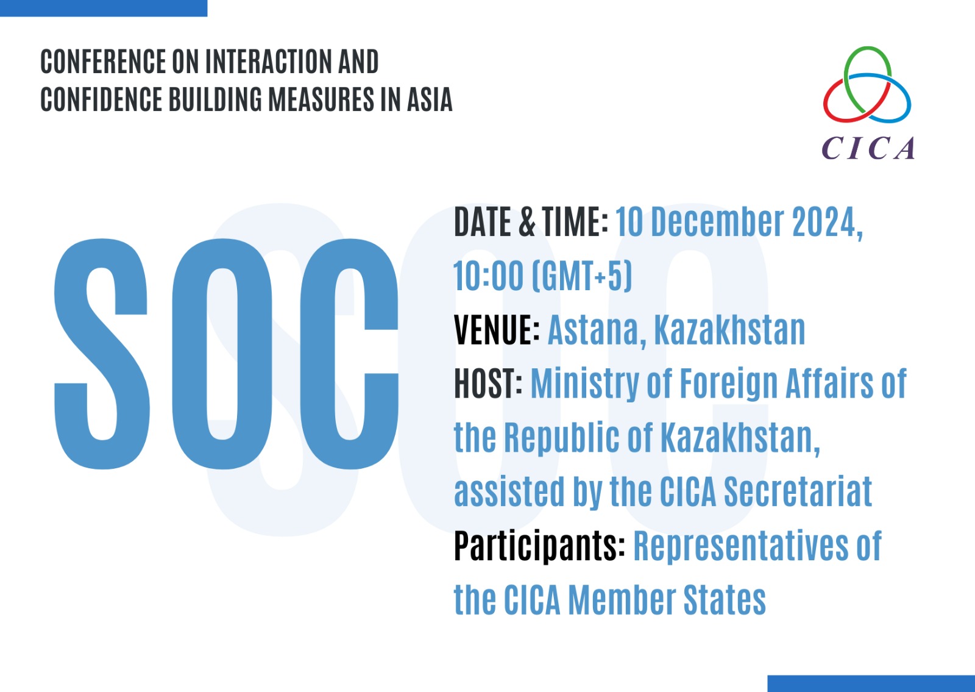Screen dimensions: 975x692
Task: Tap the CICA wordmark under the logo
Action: click(x=868, y=148)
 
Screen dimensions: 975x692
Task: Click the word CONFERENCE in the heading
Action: click(x=103, y=62)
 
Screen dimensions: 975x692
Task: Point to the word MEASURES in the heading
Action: click(x=321, y=99)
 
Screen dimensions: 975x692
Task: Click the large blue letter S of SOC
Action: click(x=102, y=354)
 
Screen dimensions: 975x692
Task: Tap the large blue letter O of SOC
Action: click(x=222, y=354)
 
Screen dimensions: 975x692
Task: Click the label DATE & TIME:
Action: click(x=531, y=222)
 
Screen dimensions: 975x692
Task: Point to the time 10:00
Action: click(x=488, y=276)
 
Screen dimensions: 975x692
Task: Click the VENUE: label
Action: click(x=497, y=330)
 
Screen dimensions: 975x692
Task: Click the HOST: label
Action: click(x=488, y=383)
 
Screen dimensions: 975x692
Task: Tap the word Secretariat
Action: click(x=798, y=491)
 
